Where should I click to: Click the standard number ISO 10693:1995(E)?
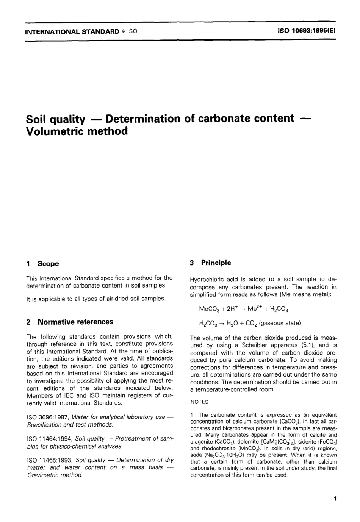tap(307, 31)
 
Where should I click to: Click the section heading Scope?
tap(48, 264)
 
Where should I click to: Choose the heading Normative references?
tap(75, 322)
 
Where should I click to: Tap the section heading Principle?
tap(216, 263)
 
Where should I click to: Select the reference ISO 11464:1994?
tap(50, 439)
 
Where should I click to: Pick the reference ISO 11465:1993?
tap(50, 460)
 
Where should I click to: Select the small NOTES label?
tap(199, 402)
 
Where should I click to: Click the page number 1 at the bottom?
tap(335, 499)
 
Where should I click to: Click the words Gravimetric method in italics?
tap(55, 475)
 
